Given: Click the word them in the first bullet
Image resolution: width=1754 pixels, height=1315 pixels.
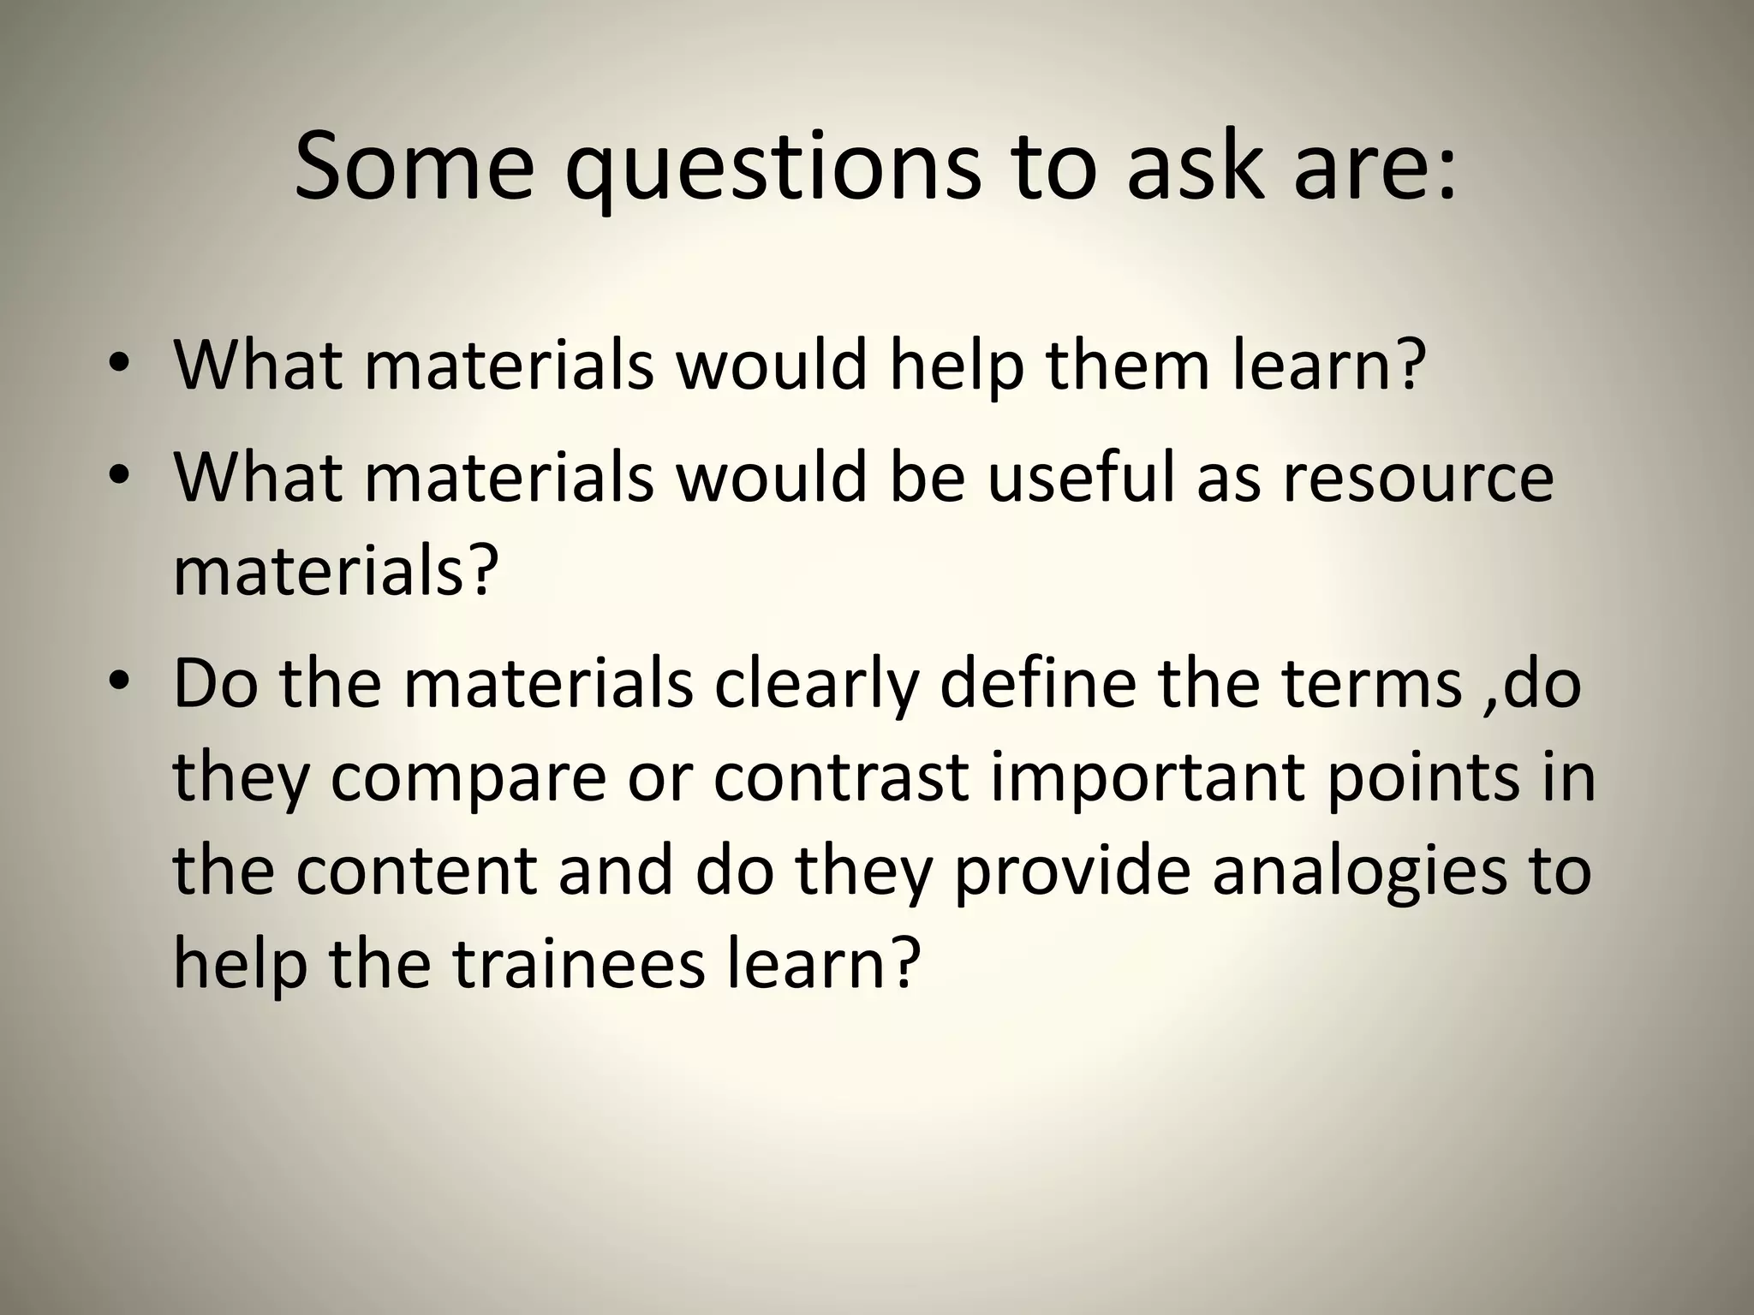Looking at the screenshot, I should point(1130,366).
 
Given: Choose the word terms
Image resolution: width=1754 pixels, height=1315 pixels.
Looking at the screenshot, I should point(1371,684).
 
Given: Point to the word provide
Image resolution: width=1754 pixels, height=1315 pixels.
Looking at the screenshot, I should point(1071,873).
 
